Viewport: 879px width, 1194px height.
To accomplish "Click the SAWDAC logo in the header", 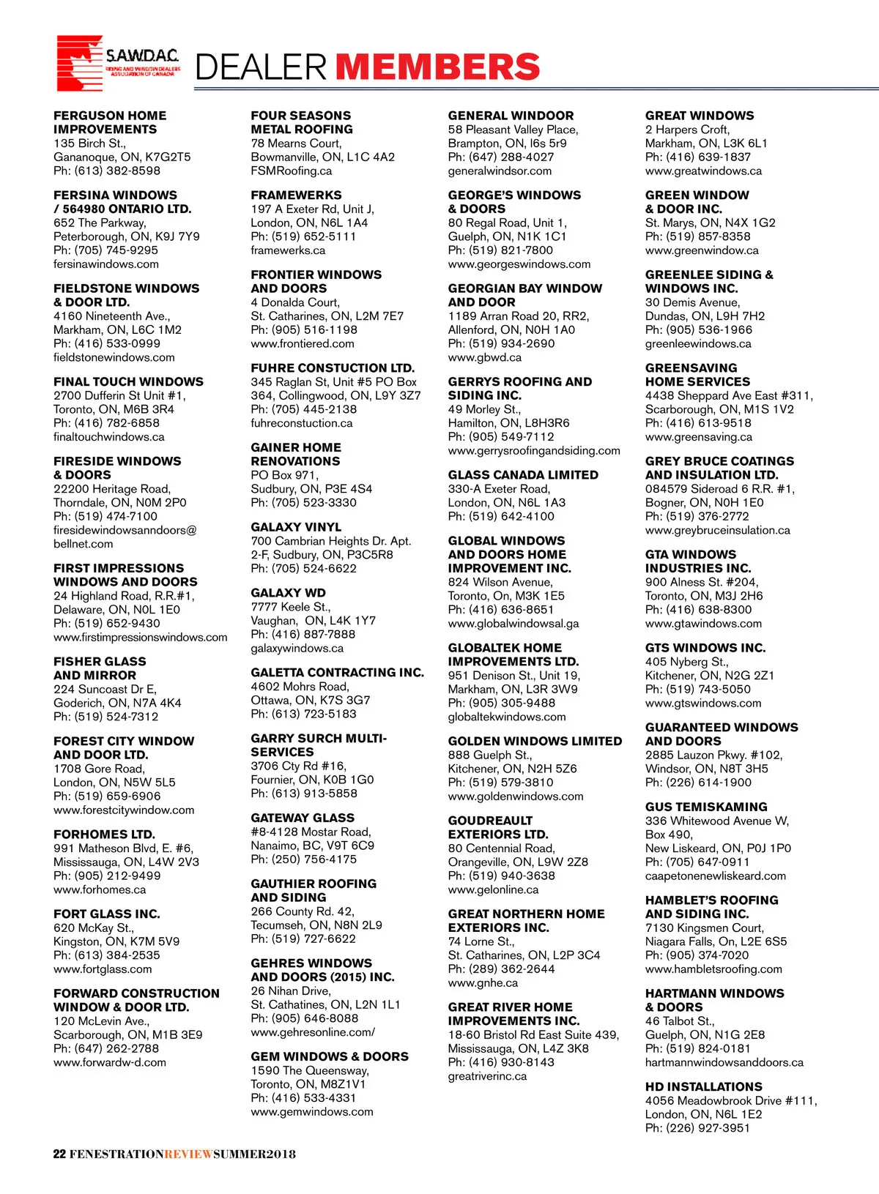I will tap(117, 63).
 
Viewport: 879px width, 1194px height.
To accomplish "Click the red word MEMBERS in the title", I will tap(437, 67).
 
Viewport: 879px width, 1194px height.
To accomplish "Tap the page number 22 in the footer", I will tap(59, 1154).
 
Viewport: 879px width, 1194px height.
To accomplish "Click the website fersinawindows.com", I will tap(106, 264).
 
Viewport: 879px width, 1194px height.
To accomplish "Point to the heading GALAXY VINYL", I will tap(296, 527).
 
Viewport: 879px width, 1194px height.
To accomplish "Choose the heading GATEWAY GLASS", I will tap(303, 818).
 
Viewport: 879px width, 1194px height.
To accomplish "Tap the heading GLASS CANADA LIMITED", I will tap(523, 475).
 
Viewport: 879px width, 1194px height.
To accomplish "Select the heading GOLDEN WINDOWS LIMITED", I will tap(535, 741).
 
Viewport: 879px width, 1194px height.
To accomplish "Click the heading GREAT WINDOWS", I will tap(700, 116).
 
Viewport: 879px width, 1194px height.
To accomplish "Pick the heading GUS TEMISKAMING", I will tap(706, 807).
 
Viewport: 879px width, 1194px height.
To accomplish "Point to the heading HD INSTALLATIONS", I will tap(703, 1087).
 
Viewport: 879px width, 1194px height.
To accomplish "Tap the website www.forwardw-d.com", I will tap(110, 1063).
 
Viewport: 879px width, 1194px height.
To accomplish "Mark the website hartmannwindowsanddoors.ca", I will tap(724, 1063).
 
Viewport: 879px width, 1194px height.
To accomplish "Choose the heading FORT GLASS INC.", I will tap(106, 914).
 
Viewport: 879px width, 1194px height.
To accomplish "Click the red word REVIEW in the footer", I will tap(188, 1154).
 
